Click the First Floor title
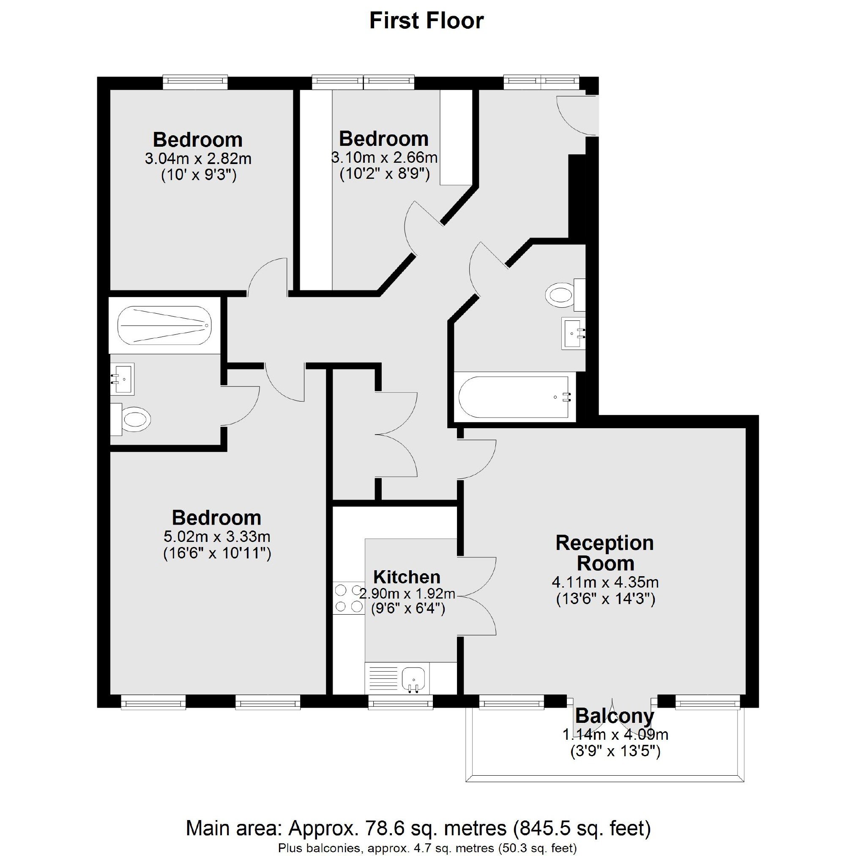tap(426, 21)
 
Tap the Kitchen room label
tap(407, 577)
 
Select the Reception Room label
tap(605, 553)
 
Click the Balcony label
tap(615, 716)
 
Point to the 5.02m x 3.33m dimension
tap(217, 536)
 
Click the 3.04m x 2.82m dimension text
tap(198, 159)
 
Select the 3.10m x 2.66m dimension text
tap(385, 157)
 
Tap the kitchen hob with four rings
tap(349, 598)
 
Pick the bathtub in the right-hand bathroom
tap(515, 397)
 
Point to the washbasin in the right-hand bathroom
tap(573, 333)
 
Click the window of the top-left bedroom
tap(195, 82)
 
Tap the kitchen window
tap(401, 702)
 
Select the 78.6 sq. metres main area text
tap(435, 828)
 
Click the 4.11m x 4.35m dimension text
tap(605, 582)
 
